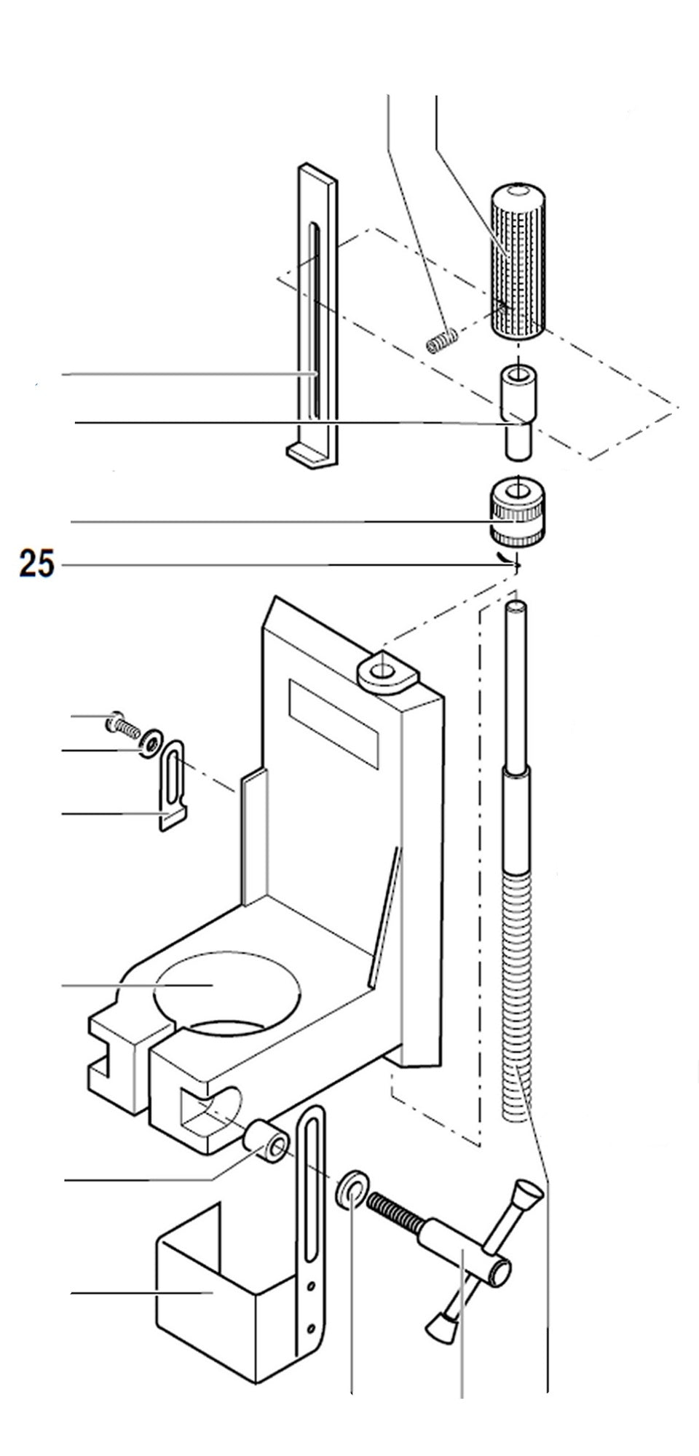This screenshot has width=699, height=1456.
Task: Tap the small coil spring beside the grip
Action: tap(442, 340)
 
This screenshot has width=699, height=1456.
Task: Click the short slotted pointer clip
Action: tap(173, 783)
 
